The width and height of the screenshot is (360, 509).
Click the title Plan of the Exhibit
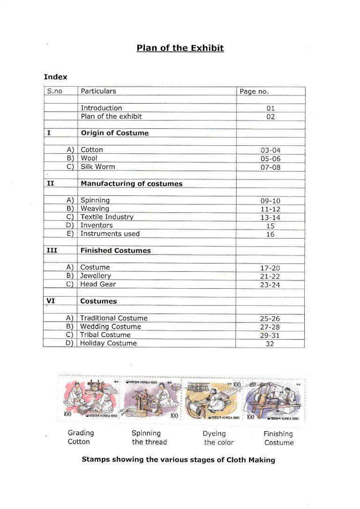click(180, 48)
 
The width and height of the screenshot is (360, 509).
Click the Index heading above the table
click(55, 77)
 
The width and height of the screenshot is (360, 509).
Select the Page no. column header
click(254, 91)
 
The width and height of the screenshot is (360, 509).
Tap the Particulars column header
click(98, 91)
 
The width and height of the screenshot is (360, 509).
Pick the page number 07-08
click(270, 167)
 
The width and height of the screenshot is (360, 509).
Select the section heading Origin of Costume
click(114, 133)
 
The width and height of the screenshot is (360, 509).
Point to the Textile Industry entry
click(107, 217)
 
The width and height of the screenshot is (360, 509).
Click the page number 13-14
click(270, 217)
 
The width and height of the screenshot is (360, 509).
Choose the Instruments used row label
click(110, 234)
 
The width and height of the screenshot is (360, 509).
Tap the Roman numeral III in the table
click(52, 250)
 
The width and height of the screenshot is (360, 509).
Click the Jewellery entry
click(96, 276)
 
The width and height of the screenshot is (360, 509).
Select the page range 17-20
click(270, 268)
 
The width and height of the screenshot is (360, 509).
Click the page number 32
click(270, 344)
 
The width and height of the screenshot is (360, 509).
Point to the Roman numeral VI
click(51, 301)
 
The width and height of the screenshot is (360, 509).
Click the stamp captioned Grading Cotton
click(91, 399)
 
